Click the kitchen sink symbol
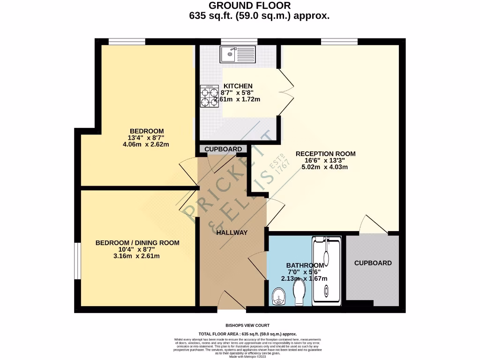(x=238, y=54)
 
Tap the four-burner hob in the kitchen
(x=210, y=96)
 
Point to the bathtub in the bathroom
(x=327, y=271)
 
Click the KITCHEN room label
(x=238, y=86)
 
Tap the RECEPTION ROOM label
(x=325, y=153)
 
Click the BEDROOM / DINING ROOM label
(x=137, y=242)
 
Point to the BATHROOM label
(x=305, y=265)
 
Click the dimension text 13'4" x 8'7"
(x=146, y=137)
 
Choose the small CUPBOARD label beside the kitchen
(x=223, y=149)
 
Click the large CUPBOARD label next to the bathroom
(x=373, y=263)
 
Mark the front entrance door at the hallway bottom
(x=232, y=300)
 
